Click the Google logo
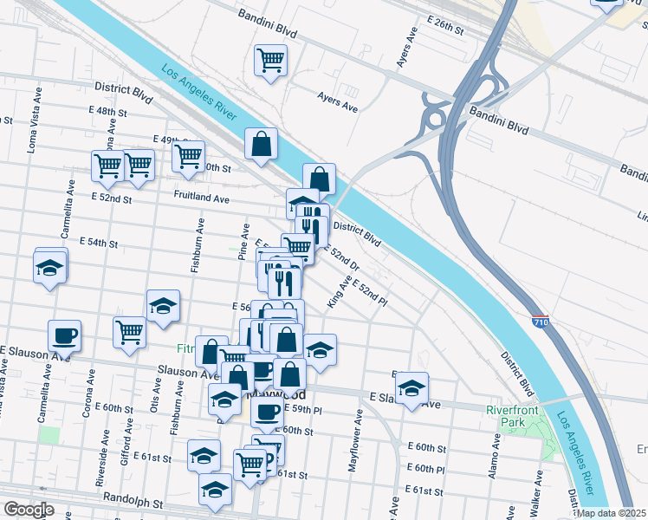pyautogui.click(x=29, y=510)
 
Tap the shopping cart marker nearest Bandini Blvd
pyautogui.click(x=270, y=61)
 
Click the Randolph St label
pyautogui.click(x=133, y=502)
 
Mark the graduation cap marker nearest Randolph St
pyautogui.click(x=215, y=490)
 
